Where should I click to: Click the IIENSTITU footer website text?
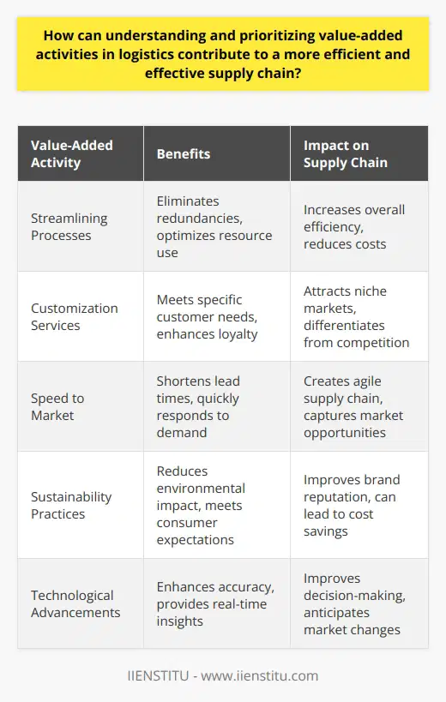(x=223, y=676)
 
